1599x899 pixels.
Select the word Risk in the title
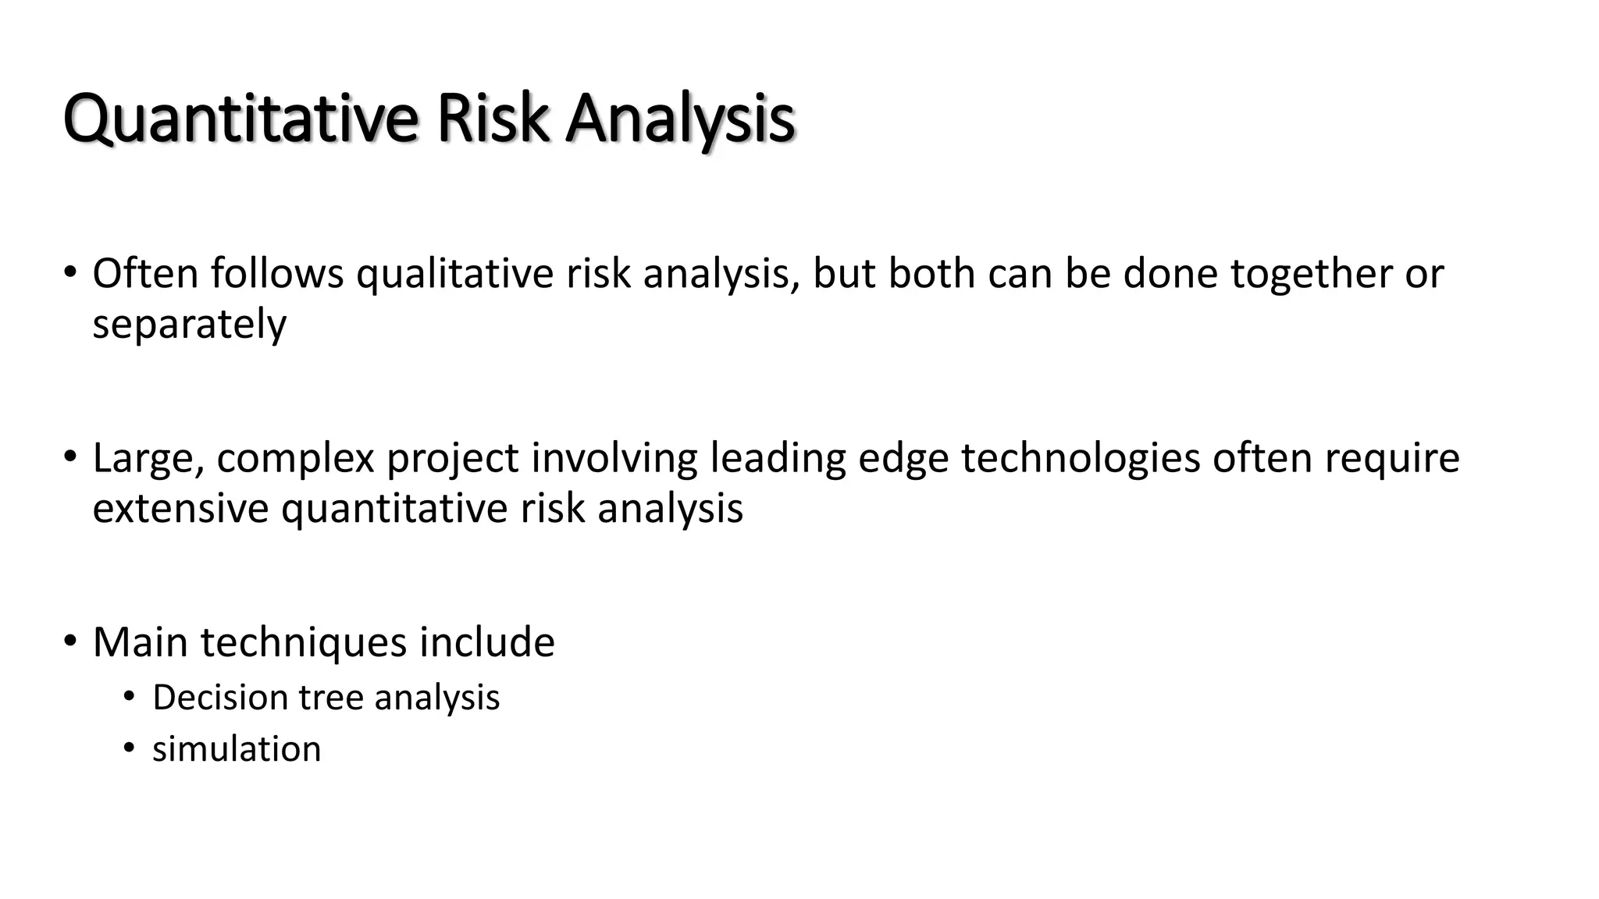tap(492, 119)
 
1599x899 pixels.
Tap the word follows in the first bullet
tap(277, 274)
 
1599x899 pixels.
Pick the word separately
tap(189, 325)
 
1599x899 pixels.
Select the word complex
tap(296, 459)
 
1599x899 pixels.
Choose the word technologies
tap(1080, 459)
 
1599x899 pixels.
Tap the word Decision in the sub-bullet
tap(220, 698)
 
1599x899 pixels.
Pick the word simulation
tap(237, 749)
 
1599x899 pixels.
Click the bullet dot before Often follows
tap(70, 273)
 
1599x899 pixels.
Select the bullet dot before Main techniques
tap(70, 641)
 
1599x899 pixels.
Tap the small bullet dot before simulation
tap(129, 748)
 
